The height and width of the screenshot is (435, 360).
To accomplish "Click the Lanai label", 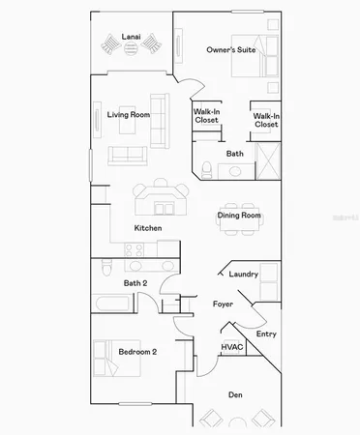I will click(131, 38).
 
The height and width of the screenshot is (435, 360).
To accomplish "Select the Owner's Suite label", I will click(231, 49).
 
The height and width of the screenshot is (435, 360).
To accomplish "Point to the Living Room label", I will click(128, 115).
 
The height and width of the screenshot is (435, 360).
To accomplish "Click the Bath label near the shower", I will click(235, 154).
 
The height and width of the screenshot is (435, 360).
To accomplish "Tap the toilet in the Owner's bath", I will click(206, 170).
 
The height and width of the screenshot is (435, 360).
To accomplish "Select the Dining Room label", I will click(238, 216).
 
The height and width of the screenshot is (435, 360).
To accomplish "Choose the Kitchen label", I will click(147, 228).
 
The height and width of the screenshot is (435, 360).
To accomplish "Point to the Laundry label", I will click(243, 275).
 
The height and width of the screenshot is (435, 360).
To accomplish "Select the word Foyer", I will click(224, 304).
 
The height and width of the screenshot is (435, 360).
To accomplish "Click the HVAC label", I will click(232, 346).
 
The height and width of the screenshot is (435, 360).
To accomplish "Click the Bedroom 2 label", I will click(137, 352).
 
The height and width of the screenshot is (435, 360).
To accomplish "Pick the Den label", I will click(235, 394).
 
